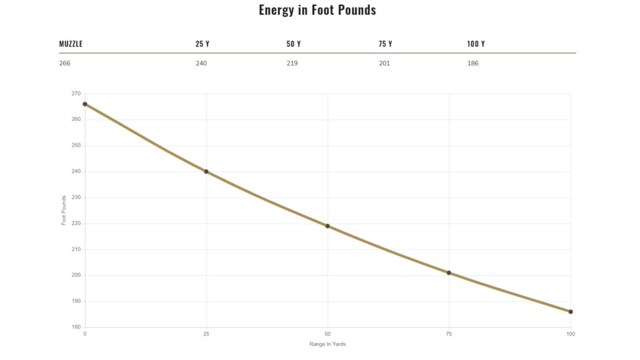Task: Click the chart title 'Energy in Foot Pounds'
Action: click(317, 10)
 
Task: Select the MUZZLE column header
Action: click(71, 44)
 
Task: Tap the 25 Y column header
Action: click(202, 44)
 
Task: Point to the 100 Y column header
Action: click(476, 44)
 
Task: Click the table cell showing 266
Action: click(65, 63)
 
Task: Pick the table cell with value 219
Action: click(292, 63)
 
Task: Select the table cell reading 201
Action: click(384, 63)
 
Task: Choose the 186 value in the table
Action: click(472, 63)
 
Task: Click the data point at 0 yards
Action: click(85, 104)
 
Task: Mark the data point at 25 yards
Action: click(206, 171)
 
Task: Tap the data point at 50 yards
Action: click(327, 226)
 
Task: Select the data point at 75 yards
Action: click(449, 273)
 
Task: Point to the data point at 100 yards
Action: click(571, 312)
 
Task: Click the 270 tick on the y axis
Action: click(76, 94)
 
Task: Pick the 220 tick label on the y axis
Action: click(76, 223)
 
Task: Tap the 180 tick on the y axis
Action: click(76, 327)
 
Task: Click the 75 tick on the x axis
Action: click(449, 334)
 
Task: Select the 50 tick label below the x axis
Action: click(327, 334)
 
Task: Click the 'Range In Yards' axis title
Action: click(327, 344)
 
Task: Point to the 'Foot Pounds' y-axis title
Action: click(63, 210)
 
